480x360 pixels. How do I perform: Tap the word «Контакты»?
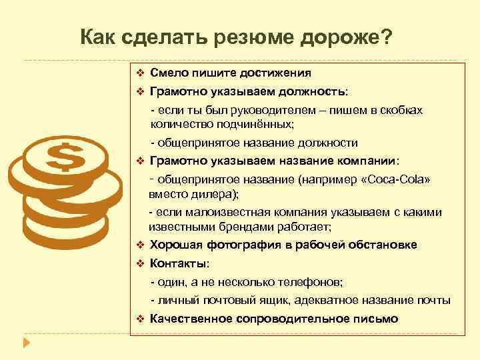[179, 263]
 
